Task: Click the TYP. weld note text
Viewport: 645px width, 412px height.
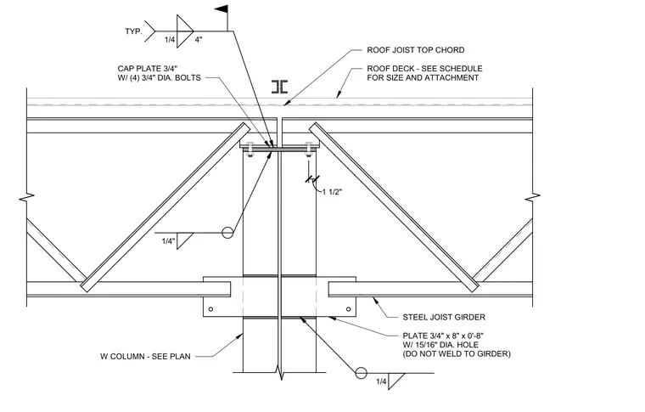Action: pos(134,31)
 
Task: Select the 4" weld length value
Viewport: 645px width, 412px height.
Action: pos(199,40)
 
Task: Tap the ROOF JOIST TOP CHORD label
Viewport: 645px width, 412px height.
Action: pos(416,50)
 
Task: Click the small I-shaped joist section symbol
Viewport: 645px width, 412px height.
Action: pos(280,87)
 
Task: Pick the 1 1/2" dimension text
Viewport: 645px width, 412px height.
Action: pos(333,192)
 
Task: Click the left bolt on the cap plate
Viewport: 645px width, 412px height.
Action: pos(250,150)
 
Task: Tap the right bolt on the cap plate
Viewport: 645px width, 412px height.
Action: pos(309,150)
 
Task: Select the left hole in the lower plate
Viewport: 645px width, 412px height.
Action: pos(211,309)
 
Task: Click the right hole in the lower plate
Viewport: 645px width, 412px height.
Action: pos(349,309)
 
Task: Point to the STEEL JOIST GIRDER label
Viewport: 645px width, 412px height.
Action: pos(444,318)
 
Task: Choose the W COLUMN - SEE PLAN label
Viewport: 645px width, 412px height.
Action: pos(145,357)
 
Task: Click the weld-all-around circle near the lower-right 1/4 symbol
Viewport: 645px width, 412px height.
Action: pos(362,373)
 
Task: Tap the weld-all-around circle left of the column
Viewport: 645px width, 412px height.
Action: pos(227,233)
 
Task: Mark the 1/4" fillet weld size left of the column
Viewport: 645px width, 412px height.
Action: pos(168,241)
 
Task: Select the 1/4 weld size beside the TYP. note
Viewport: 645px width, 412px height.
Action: pos(170,40)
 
